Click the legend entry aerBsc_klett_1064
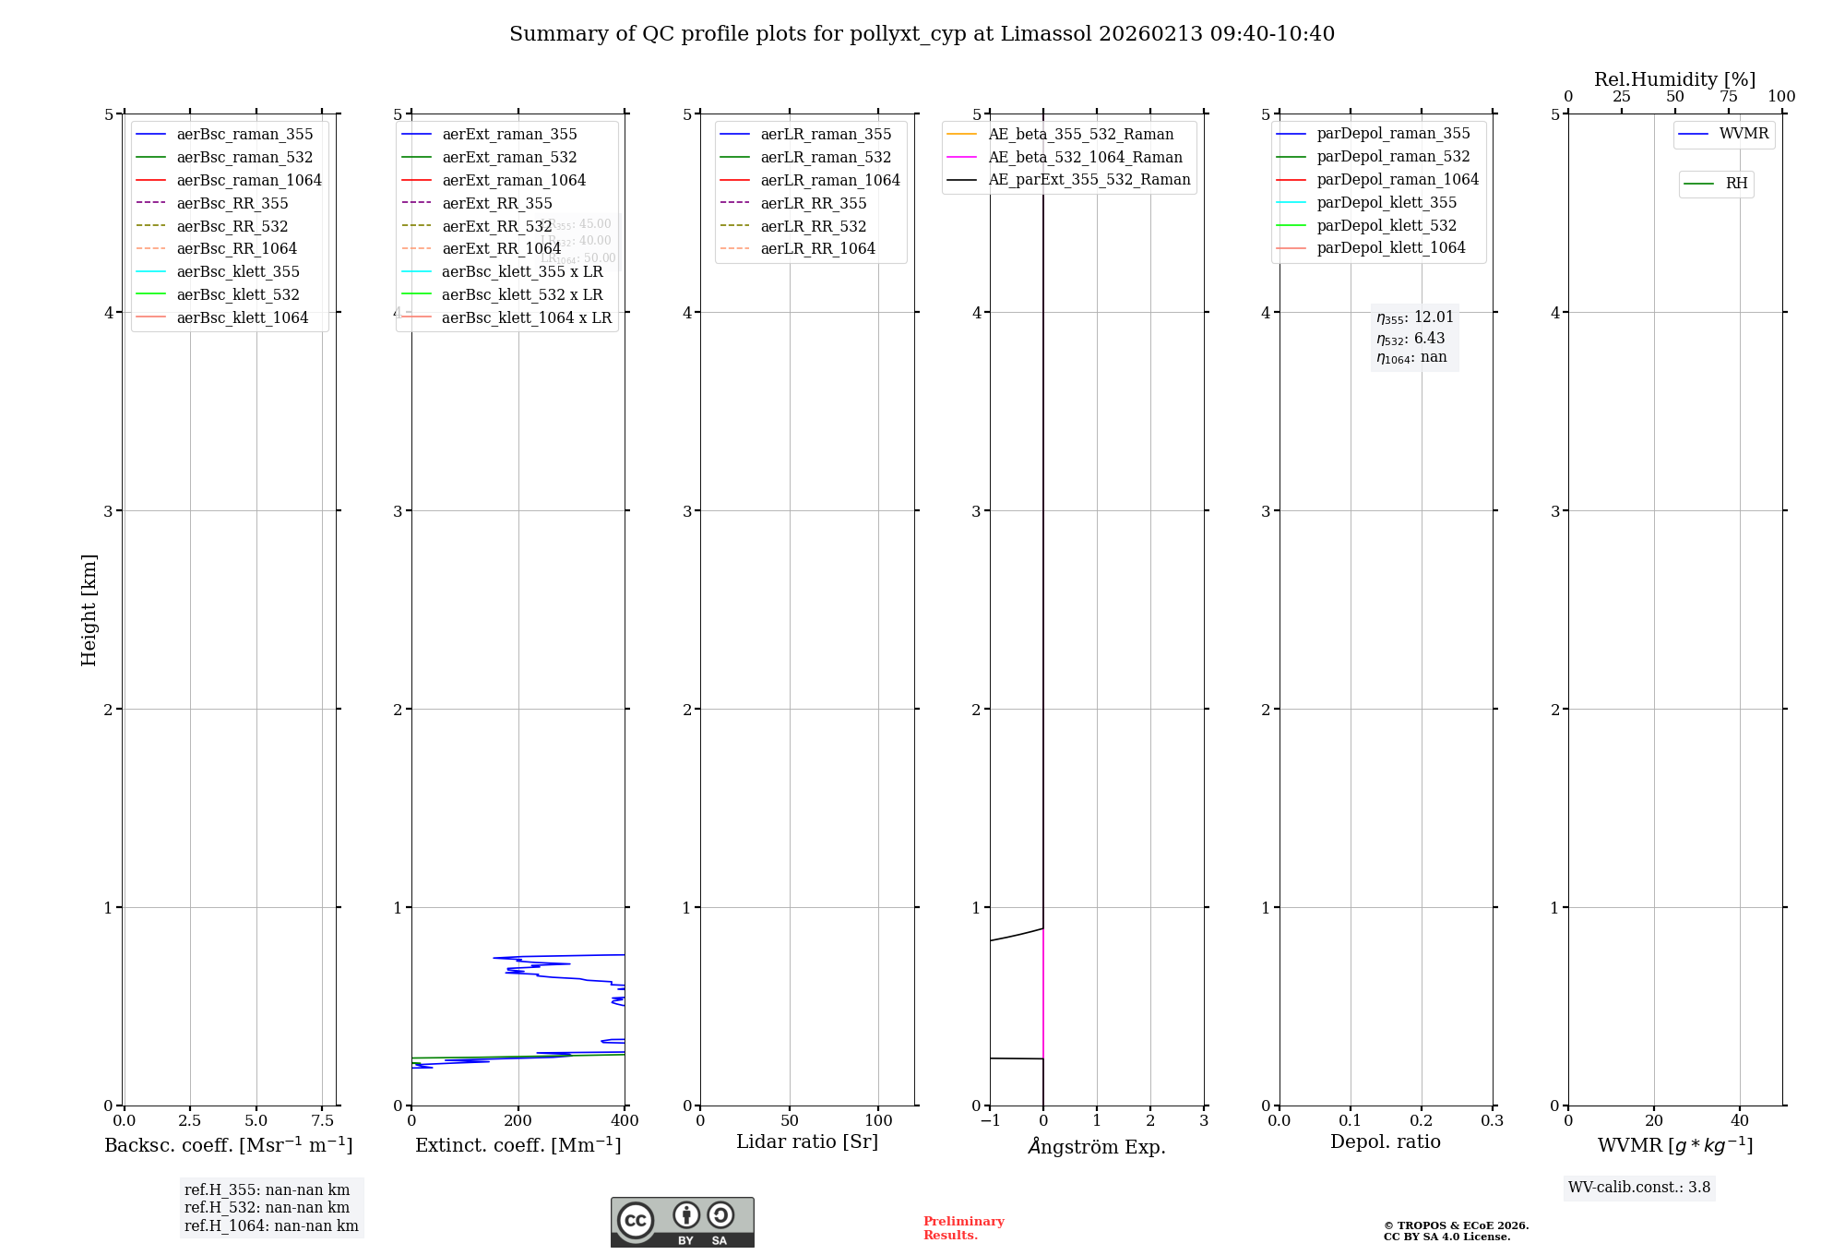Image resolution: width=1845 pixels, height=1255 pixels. pos(242,317)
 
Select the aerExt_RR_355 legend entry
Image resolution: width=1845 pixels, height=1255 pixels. pos(496,203)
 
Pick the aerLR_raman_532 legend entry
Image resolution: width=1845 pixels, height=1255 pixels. pos(826,157)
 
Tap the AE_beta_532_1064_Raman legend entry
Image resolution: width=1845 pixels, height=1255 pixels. pos(1085,157)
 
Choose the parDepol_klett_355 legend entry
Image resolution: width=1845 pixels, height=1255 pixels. pos(1387,202)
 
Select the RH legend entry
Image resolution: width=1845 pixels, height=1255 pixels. pos(1736,184)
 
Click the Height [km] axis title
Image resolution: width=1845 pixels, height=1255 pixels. pos(89,610)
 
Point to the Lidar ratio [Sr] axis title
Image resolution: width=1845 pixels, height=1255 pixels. pos(807,1141)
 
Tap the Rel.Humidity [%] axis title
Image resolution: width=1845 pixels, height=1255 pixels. pos(1674,79)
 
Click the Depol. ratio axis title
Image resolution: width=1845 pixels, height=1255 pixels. pos(1385,1141)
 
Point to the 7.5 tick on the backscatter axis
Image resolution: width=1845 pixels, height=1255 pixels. pos(322,1120)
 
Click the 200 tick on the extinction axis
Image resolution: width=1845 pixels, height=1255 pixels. pos(518,1120)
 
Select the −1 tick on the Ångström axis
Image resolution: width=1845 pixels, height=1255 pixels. pos(990,1120)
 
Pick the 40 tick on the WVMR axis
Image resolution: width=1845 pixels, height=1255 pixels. pos(1739,1120)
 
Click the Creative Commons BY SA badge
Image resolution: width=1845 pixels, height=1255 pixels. pos(682,1222)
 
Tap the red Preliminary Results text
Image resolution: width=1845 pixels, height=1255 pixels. pos(963,1227)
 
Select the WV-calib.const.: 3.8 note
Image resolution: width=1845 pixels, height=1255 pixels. pos(1638,1187)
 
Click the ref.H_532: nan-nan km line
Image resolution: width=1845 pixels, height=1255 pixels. pos(267,1207)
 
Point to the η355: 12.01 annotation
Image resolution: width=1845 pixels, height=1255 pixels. pos(1414,317)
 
